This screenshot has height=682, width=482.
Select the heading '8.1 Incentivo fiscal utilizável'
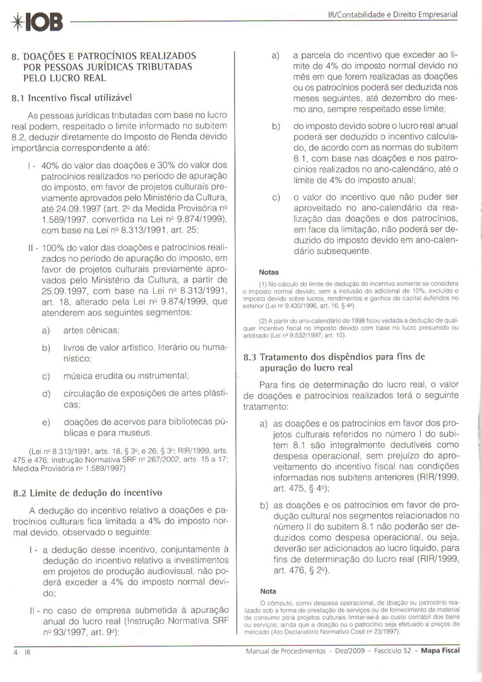[x=72, y=96]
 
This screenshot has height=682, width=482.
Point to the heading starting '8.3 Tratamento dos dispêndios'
[x=334, y=356]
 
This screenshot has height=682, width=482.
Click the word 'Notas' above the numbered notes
[x=269, y=272]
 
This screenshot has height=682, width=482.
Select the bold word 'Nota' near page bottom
[x=267, y=590]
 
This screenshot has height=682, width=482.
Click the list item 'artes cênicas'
[x=92, y=330]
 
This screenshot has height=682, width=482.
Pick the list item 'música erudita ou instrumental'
[x=126, y=376]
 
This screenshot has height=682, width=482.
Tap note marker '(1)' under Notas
[x=262, y=283]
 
